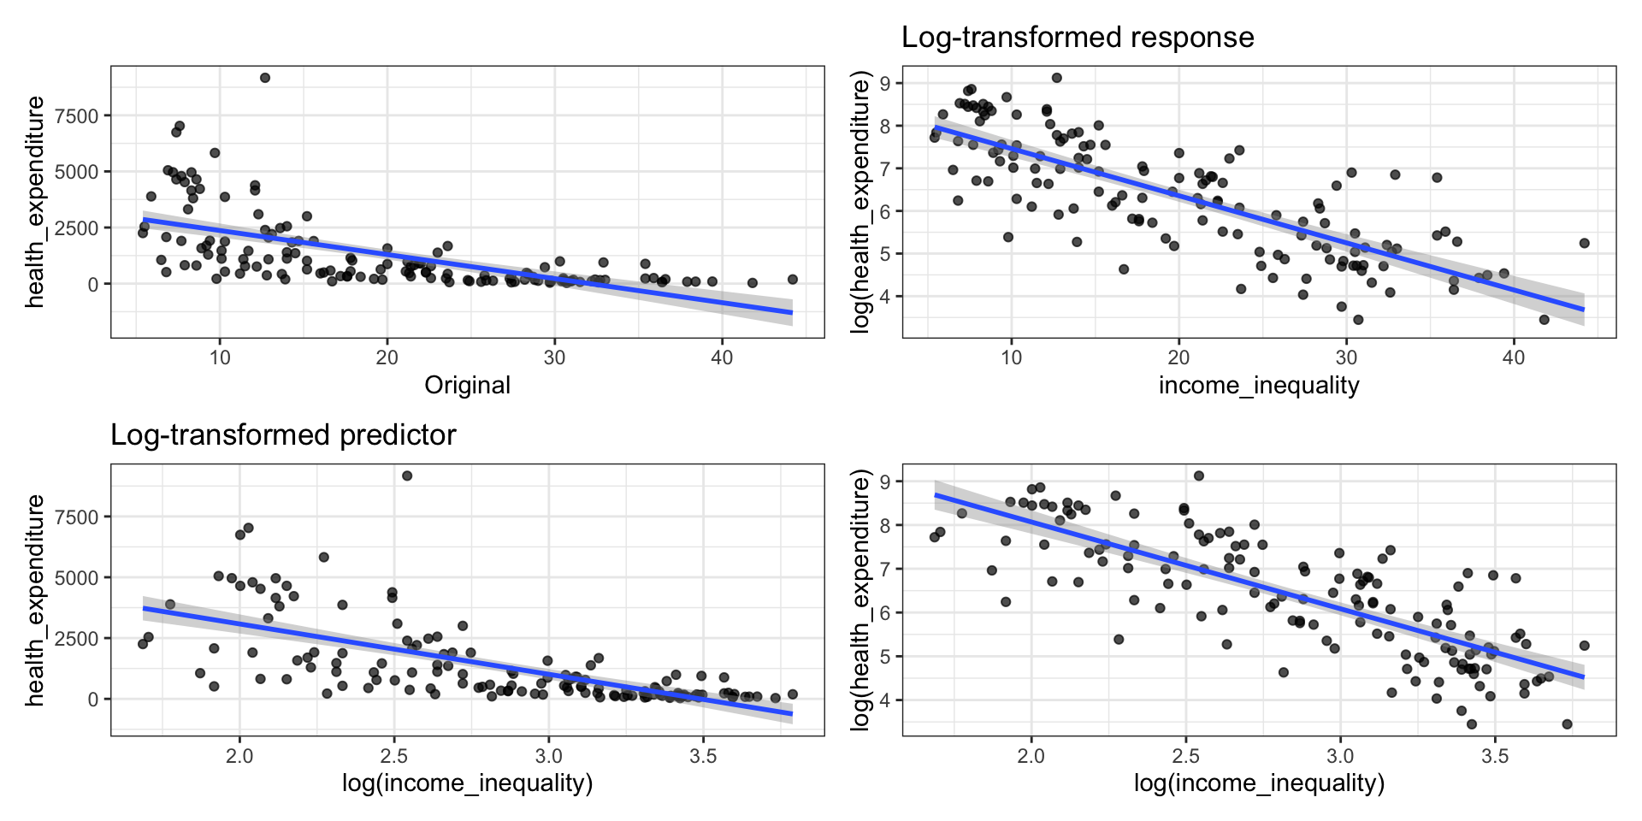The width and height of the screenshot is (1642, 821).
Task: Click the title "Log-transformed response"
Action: tap(1078, 38)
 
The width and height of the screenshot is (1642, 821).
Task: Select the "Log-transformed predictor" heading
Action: tap(283, 435)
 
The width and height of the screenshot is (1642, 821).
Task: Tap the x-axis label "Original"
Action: tap(467, 386)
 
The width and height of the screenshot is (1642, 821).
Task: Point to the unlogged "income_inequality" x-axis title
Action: tap(1259, 386)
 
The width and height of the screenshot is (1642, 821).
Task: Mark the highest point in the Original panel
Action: tap(265, 78)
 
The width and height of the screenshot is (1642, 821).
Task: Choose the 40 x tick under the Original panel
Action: tap(722, 357)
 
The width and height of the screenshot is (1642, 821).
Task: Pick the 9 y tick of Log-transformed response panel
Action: tap(886, 83)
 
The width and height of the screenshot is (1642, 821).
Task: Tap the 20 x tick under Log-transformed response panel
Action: tap(1178, 357)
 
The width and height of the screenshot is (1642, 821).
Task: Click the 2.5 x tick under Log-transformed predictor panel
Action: tap(394, 756)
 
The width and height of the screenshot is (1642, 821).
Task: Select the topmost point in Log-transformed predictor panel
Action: tap(407, 475)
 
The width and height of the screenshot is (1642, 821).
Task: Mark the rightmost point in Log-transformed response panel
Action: tap(1584, 243)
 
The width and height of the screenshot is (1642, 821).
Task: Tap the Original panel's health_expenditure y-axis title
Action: tap(35, 202)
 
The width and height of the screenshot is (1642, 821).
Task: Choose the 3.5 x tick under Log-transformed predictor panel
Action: tap(703, 756)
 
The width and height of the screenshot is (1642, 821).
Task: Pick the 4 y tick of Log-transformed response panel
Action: tap(886, 297)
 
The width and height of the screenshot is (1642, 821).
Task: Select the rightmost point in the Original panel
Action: tap(792, 280)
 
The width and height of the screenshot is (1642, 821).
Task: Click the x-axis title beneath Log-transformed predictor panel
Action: tap(467, 783)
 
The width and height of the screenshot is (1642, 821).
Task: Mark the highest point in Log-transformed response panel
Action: tap(1056, 78)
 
